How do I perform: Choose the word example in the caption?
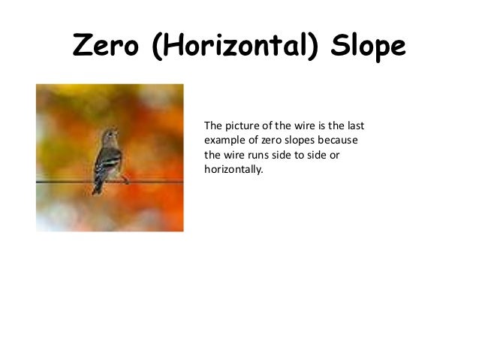tap(224, 140)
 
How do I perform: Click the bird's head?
tap(111, 136)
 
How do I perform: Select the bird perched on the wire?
tap(107, 159)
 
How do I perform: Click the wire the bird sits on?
tap(158, 180)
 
